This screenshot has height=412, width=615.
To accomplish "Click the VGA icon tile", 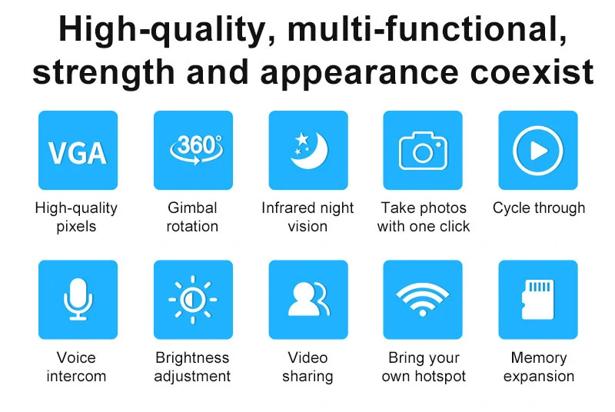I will point(78,151).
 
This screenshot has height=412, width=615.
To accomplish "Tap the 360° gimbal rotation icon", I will point(193,151).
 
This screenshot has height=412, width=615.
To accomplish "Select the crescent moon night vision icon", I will point(308,151).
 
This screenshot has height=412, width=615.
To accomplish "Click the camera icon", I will point(423,151).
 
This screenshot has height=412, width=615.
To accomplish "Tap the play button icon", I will point(538,151).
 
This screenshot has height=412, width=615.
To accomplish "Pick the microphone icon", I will point(78,300).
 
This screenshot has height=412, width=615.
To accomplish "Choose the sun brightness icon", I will point(193,300).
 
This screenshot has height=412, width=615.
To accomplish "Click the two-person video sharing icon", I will point(308,300).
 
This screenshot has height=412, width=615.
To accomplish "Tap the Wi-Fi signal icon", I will point(423,300).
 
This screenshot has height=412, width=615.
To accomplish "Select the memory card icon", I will point(538,300).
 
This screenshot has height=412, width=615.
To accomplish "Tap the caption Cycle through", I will point(539,208).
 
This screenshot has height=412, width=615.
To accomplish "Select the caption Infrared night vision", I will point(308,217).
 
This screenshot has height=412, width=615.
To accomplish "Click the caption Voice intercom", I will point(77,367).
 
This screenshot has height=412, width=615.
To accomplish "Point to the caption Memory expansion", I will point(538,367).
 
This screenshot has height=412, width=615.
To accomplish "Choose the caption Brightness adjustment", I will point(192,367).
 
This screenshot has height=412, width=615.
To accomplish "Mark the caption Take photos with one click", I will point(424,217).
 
